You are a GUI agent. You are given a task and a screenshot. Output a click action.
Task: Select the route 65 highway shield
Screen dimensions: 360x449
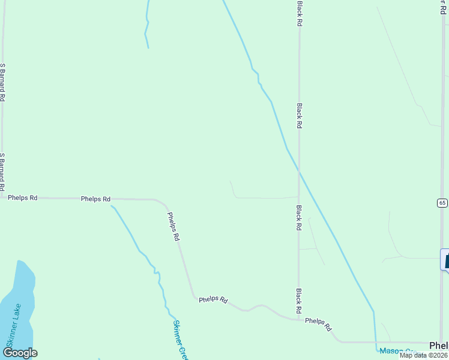pos(442,203)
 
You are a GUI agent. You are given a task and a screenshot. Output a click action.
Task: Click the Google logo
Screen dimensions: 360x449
pos(20,353)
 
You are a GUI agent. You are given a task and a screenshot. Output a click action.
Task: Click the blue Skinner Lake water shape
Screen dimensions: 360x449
pos(18,294)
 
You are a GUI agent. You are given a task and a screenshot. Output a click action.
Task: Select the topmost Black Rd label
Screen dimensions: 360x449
pos(299,13)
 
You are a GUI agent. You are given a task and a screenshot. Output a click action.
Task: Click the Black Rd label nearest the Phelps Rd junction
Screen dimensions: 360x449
pos(298,302)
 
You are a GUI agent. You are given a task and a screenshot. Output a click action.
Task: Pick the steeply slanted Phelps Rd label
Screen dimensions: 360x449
pos(173,227)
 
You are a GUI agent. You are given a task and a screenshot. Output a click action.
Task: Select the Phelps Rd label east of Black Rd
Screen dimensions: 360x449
pos(318,324)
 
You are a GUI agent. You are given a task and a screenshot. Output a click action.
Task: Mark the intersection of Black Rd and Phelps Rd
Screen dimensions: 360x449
pos(298,319)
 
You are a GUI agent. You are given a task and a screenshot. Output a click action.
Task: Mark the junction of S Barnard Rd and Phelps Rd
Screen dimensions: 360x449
pos(3,196)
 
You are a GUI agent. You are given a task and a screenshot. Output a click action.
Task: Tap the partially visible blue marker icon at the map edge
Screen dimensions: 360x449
pos(445,260)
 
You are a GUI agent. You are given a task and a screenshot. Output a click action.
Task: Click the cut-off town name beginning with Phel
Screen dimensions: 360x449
pos(439,345)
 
